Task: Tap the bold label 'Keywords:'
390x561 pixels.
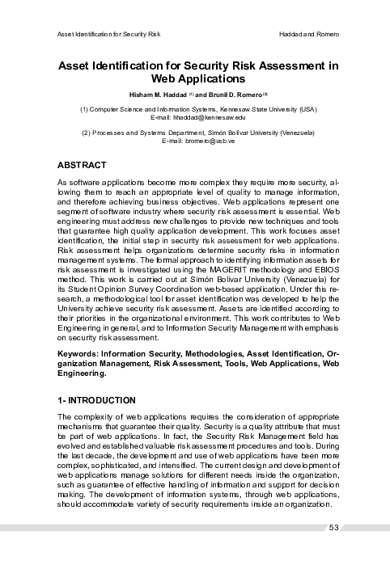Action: coord(81,355)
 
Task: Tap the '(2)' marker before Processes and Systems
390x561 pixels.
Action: coord(87,132)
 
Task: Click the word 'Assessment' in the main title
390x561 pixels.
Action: coord(282,65)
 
